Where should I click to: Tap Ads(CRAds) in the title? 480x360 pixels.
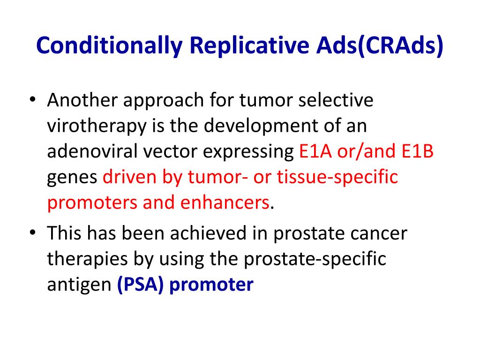(x=380, y=46)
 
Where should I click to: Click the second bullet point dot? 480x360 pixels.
(x=33, y=232)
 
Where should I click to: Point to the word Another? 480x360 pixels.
(x=82, y=100)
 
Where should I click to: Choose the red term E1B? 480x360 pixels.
(x=418, y=151)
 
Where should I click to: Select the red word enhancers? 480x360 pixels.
(x=225, y=202)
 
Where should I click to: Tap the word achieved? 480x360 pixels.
(x=208, y=233)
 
